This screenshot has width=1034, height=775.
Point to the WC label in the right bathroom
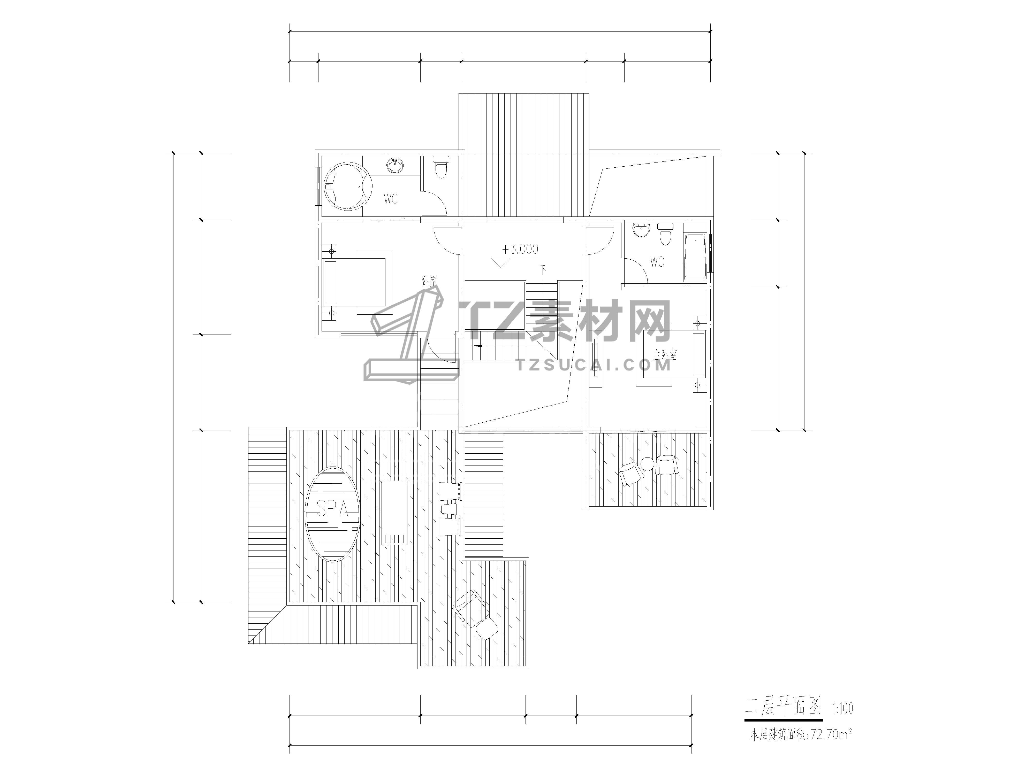pos(657,262)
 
